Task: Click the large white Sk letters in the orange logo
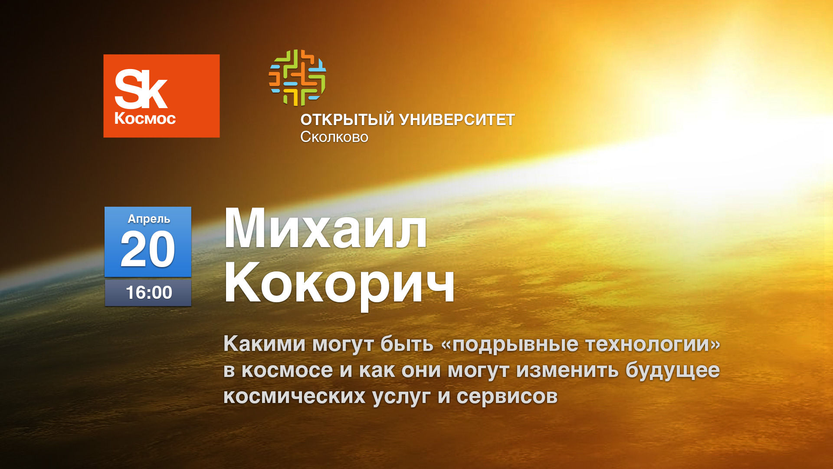pos(141,90)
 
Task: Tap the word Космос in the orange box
pos(145,119)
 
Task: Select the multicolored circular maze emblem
pos(297,77)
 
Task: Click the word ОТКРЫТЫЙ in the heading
pos(347,119)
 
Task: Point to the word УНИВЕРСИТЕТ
pos(457,119)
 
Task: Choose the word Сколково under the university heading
pos(334,137)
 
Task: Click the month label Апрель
pos(149,219)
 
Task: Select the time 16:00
pos(149,293)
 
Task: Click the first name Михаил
pos(325,229)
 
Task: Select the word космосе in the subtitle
pos(287,371)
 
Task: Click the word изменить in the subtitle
pos(567,370)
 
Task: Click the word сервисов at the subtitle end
pos(507,397)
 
